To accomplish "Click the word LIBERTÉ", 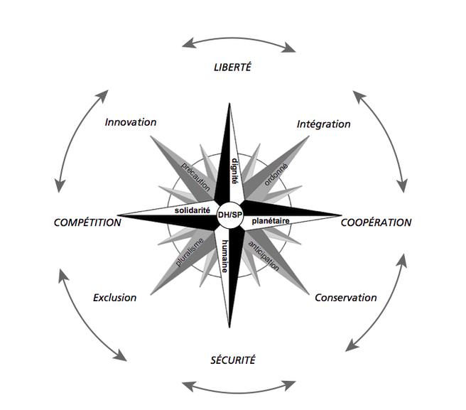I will point(233,68).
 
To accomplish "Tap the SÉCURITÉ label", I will point(232,360).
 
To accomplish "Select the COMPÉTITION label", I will point(87,222).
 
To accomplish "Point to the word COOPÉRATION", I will point(376,222).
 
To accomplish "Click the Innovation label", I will point(130,122).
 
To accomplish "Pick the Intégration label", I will point(323,124).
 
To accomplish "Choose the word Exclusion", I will point(114,297).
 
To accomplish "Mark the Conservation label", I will point(345,298).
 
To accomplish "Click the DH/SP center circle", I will point(229,215).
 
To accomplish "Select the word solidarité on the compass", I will point(193,210).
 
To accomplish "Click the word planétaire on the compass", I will point(271,220).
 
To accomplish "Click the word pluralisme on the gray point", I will point(189,252).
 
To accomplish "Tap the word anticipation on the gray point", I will point(264,256).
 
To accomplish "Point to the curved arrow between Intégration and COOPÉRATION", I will point(383,141).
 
